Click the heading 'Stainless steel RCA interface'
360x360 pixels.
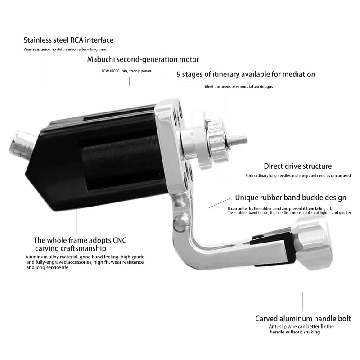click(x=68, y=40)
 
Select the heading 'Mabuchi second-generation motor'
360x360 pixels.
click(x=143, y=59)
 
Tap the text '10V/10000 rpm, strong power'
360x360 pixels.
click(x=130, y=70)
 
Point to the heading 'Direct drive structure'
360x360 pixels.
click(x=297, y=166)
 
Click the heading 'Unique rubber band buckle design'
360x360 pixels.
click(x=291, y=198)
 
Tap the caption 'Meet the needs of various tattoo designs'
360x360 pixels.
click(x=238, y=86)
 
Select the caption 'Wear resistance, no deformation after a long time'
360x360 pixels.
click(x=65, y=49)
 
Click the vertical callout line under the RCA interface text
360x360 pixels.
click(x=40, y=72)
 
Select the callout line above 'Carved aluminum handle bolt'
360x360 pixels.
click(x=303, y=301)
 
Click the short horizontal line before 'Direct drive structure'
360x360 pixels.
click(x=259, y=167)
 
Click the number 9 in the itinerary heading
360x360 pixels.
click(x=179, y=74)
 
